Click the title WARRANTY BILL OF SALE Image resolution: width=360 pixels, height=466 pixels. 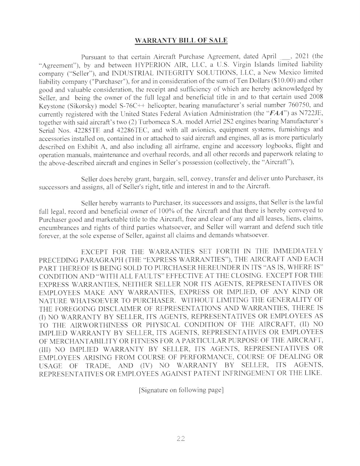point(180,41)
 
